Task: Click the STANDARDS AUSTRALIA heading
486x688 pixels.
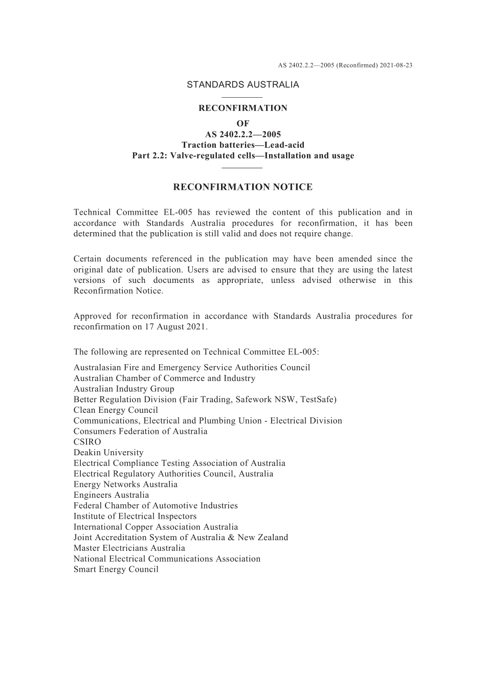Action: tap(242, 85)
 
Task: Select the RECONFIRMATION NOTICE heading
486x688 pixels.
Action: tap(242, 187)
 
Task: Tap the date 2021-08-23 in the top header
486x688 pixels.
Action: tap(396, 65)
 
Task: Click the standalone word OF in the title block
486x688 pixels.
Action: tap(242, 124)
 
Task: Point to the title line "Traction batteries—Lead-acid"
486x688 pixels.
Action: tap(242, 145)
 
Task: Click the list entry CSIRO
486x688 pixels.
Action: tap(87, 442)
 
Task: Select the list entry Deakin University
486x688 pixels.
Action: tap(108, 453)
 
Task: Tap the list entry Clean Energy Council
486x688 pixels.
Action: tap(116, 410)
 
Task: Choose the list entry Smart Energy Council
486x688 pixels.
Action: tap(116, 569)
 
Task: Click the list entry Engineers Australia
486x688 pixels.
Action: tap(111, 495)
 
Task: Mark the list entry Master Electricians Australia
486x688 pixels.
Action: tap(129, 548)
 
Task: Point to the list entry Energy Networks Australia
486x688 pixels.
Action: tap(125, 484)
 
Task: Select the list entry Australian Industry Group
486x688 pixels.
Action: tap(124, 389)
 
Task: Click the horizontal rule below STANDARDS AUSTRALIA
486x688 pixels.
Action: tap(242, 97)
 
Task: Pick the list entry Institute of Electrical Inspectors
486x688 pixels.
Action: tap(135, 516)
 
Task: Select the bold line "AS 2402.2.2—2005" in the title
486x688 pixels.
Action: tap(242, 135)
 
